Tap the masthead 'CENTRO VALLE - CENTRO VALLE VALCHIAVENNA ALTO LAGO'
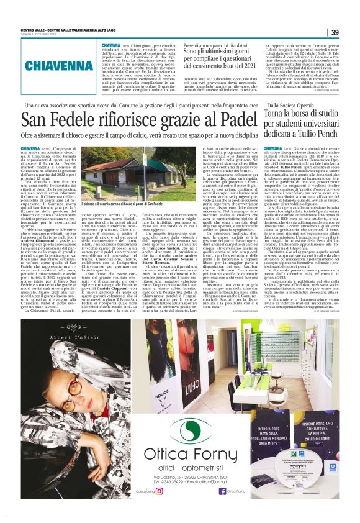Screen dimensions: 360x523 (x=73, y=30)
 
